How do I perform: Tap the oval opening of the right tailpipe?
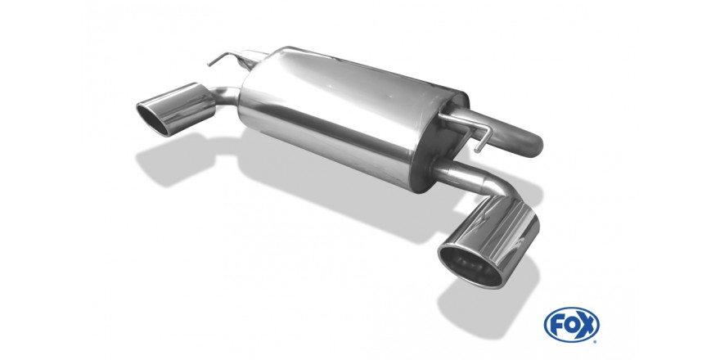(470, 265)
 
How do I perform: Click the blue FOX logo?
(571, 325)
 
